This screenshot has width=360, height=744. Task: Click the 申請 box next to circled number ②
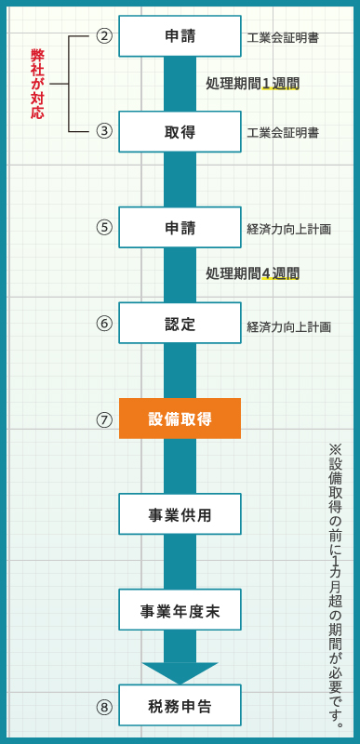pyautogui.click(x=180, y=36)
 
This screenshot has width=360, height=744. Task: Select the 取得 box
pyautogui.click(x=180, y=132)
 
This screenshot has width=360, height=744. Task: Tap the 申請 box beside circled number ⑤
pyautogui.click(x=180, y=228)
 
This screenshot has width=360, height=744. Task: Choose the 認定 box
pyautogui.click(x=180, y=324)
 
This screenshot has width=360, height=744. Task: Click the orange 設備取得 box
pyautogui.click(x=180, y=418)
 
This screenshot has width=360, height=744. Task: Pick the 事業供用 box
pyautogui.click(x=180, y=514)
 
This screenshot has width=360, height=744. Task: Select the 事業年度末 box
pyautogui.click(x=180, y=610)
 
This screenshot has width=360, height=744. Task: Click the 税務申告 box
pyautogui.click(x=180, y=706)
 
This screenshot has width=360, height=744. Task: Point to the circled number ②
pyautogui.click(x=104, y=36)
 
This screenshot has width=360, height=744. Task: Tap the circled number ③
pyautogui.click(x=104, y=131)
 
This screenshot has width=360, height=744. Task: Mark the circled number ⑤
pyautogui.click(x=104, y=227)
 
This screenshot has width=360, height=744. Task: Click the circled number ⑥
pyautogui.click(x=104, y=323)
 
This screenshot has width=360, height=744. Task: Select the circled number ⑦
pyautogui.click(x=104, y=419)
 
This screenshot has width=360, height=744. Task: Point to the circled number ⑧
pyautogui.click(x=104, y=707)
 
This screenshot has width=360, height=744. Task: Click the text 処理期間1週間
pyautogui.click(x=252, y=84)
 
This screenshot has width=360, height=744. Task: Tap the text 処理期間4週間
pyautogui.click(x=252, y=273)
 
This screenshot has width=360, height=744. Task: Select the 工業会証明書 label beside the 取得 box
pyautogui.click(x=283, y=133)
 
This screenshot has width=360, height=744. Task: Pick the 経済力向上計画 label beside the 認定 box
pyautogui.click(x=288, y=326)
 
